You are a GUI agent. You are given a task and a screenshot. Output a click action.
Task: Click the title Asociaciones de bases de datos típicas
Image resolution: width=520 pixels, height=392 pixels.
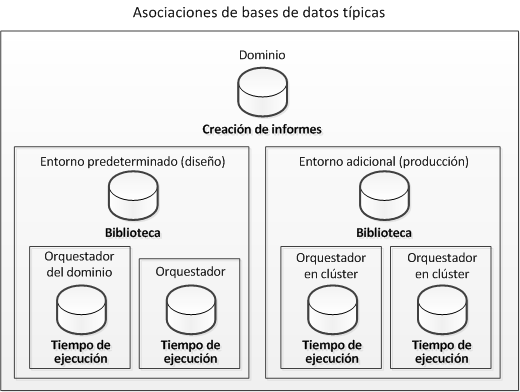point(260,13)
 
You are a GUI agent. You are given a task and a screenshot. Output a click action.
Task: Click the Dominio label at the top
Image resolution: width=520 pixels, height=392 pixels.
point(261,55)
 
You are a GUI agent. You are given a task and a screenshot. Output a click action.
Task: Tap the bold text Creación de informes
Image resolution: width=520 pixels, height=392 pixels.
point(261,129)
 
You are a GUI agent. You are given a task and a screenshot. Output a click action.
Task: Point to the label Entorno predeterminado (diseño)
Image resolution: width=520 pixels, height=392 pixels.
point(132,160)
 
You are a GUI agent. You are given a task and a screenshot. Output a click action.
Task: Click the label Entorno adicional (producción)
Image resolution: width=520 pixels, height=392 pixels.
point(385,160)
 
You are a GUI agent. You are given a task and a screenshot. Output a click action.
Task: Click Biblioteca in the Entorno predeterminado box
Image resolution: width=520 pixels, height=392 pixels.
point(132,232)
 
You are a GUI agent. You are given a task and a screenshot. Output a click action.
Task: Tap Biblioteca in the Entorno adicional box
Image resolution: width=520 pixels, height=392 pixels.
point(385,232)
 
